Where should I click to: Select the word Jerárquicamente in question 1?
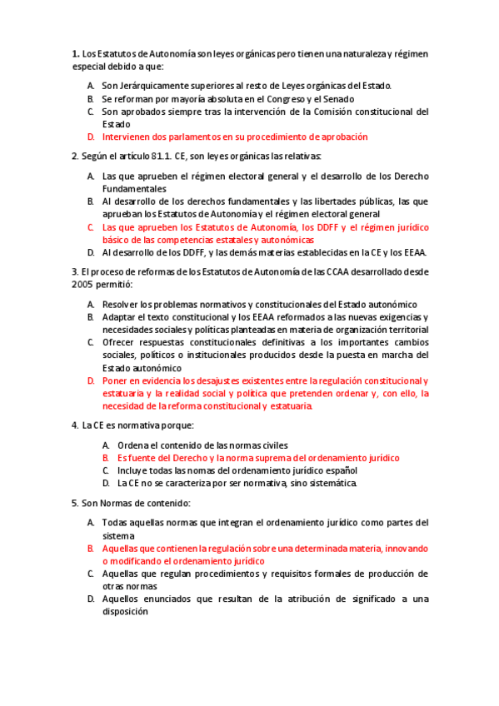coord(153,85)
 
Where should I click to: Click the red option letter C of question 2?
coord(90,226)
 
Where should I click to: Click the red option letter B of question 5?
coord(90,549)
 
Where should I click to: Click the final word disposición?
coord(125,611)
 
